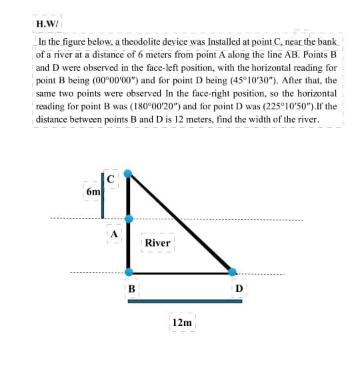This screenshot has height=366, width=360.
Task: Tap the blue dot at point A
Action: [129, 218]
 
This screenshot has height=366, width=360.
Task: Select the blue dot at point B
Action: [129, 271]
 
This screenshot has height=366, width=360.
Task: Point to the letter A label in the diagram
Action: [115, 233]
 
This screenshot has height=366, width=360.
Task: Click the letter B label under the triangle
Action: [131, 289]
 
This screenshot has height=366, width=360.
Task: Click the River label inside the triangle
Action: [157, 243]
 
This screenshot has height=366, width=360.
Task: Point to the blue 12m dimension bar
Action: [185, 301]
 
